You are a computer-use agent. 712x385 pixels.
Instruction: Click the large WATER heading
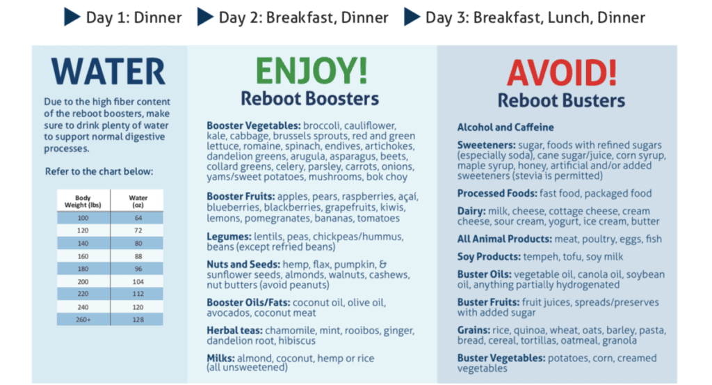(108, 72)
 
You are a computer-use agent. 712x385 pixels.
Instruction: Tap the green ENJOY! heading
(311, 70)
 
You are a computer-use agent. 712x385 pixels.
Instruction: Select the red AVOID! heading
(562, 72)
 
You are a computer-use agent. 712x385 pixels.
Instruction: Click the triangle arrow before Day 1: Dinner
(72, 17)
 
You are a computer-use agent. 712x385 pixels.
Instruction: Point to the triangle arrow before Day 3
(412, 17)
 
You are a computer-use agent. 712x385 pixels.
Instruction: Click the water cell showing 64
(138, 218)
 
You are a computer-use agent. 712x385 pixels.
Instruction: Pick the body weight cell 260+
(83, 320)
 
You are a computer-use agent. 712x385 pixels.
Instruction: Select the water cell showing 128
(138, 320)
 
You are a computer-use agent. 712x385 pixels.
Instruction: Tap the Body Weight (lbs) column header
(83, 201)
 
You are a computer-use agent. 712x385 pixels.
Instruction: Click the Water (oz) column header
(138, 201)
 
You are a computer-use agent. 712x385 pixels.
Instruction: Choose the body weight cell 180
(83, 269)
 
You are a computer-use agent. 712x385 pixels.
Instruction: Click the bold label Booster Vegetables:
(253, 125)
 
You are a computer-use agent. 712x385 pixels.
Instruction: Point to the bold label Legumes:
(229, 237)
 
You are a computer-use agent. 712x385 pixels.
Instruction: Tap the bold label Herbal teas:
(234, 331)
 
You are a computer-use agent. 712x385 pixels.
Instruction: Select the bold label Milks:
(220, 358)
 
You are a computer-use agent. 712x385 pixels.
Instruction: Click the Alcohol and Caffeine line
(505, 127)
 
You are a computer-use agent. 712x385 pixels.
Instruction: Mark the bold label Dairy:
(471, 212)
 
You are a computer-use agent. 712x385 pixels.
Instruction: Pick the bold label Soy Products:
(489, 257)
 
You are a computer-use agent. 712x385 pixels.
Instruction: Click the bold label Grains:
(474, 331)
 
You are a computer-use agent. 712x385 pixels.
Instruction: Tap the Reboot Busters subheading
(561, 100)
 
